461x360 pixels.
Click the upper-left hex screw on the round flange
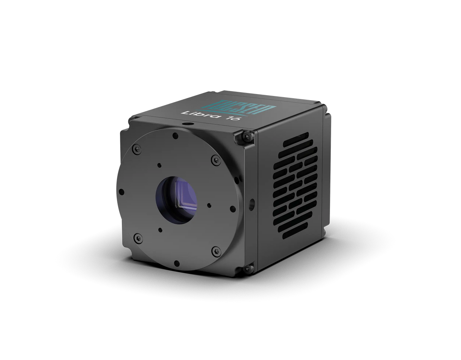(135, 150)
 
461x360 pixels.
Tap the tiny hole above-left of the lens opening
(159, 165)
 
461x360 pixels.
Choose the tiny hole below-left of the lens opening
(161, 230)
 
